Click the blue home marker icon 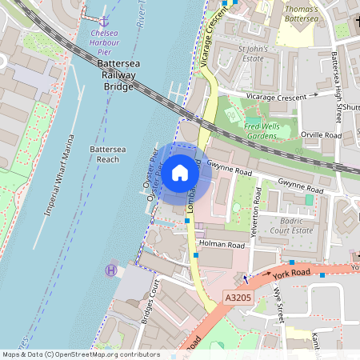[180, 172]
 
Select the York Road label [290, 274]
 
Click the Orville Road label [320, 136]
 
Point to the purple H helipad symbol [110, 270]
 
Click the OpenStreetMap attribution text [81, 354]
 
